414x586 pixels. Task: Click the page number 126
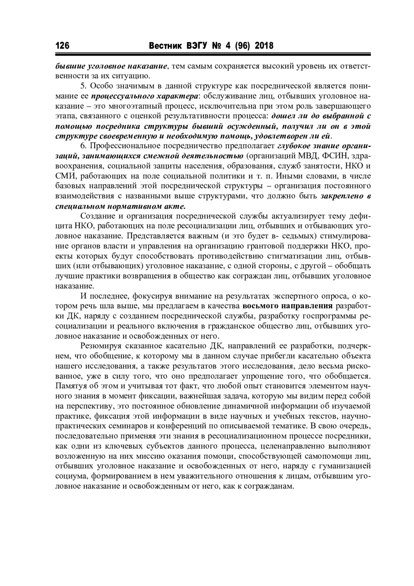point(62,46)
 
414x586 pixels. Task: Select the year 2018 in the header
point(264,46)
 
